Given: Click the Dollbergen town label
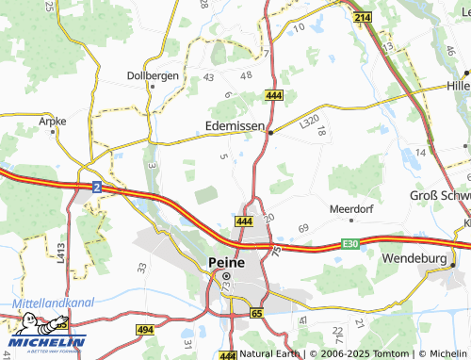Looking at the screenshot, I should [153, 75].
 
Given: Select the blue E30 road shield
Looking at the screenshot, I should [350, 244].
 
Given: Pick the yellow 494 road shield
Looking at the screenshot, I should [144, 330].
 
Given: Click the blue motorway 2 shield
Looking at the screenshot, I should [97, 188].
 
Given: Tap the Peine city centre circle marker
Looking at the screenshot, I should [226, 275].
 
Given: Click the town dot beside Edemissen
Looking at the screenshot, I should [270, 133].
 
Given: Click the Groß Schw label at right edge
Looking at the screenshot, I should [439, 196].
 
